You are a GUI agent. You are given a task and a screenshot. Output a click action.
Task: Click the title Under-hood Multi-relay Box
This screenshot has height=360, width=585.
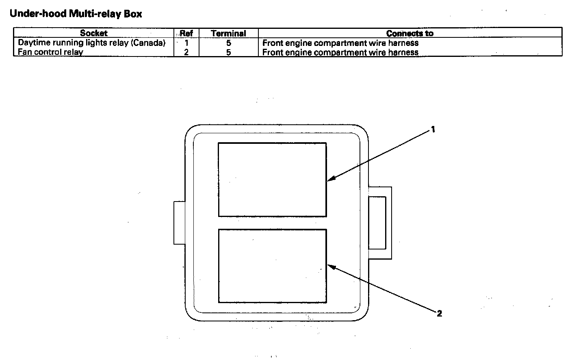coord(76,14)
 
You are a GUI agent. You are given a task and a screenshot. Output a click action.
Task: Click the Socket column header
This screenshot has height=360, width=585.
coord(93,33)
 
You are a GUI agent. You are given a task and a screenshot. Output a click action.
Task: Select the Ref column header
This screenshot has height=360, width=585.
coord(186,33)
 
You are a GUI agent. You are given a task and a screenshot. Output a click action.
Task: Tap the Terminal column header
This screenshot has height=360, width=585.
coord(228,33)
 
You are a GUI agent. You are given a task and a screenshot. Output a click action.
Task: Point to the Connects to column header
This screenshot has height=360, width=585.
coord(409,33)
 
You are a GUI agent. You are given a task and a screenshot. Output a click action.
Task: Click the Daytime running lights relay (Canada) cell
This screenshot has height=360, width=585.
coord(91,43)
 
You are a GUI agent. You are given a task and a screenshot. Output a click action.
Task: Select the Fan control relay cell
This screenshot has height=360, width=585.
coord(50,52)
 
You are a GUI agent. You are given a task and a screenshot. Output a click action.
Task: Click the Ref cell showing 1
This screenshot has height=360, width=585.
coord(186,43)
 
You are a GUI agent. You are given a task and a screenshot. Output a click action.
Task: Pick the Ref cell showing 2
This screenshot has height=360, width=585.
coord(186,52)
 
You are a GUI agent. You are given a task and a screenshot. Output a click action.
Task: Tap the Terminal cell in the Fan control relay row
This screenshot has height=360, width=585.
coord(228,52)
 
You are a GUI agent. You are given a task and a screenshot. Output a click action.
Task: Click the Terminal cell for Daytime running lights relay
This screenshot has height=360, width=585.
coord(228,43)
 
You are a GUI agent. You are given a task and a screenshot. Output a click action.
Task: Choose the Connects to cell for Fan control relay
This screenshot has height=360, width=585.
coord(340,52)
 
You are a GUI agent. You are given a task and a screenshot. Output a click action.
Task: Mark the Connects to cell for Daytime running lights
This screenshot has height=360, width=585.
coord(340,43)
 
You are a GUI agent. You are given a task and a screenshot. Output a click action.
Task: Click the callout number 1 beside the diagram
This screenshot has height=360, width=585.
coord(433,130)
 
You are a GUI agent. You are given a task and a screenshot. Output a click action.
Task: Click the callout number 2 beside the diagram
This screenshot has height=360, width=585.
coord(439,313)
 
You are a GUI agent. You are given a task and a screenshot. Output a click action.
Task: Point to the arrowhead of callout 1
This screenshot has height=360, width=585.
coord(330,179)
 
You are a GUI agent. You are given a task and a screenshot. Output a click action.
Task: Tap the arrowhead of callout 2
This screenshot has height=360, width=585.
coord(330,267)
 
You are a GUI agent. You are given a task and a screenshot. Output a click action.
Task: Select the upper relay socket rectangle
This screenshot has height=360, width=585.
coord(272,180)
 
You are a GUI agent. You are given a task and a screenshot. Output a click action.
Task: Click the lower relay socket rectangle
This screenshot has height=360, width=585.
coord(272,266)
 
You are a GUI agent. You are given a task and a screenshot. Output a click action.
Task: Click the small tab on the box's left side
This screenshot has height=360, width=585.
coord(180,223)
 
